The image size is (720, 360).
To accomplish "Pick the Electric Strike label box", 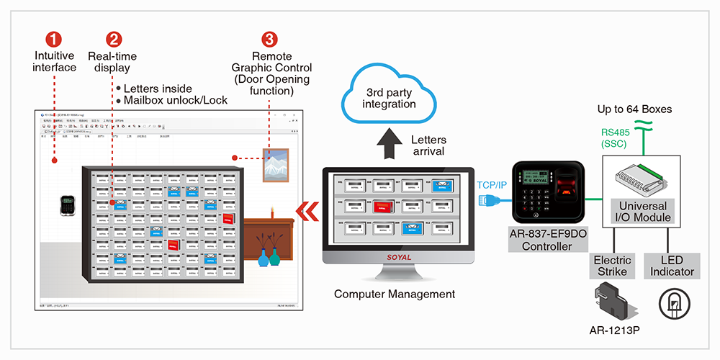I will [613, 266].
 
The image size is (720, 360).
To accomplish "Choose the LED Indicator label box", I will [672, 266].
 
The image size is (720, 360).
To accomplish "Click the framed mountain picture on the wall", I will [276, 165].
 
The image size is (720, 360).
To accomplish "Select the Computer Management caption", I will [395, 294].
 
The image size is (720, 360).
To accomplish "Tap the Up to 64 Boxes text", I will [634, 109].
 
